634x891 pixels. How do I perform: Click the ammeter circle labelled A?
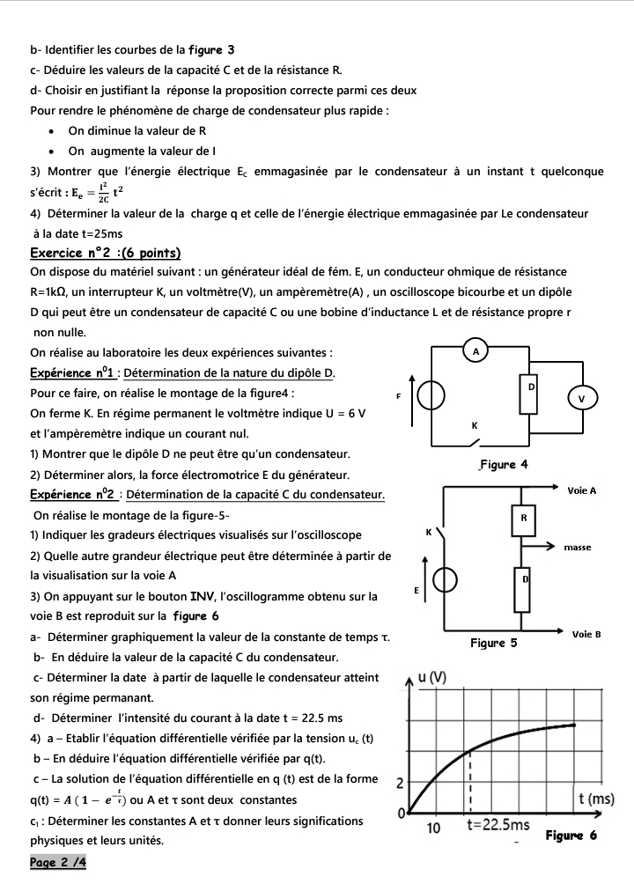pyautogui.click(x=476, y=350)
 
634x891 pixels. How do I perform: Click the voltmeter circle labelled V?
pyautogui.click(x=581, y=398)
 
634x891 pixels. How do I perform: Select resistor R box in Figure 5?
pyautogui.click(x=523, y=519)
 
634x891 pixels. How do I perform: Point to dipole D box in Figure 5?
pyautogui.click(x=523, y=589)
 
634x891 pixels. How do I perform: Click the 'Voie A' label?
pyautogui.click(x=582, y=490)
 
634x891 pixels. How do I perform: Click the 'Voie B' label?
pyautogui.click(x=586, y=634)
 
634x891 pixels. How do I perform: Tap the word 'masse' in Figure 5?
pyautogui.click(x=578, y=548)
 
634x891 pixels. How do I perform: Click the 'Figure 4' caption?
pyautogui.click(x=503, y=465)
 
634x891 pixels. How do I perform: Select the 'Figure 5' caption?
pyautogui.click(x=493, y=644)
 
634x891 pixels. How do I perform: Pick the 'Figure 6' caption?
pyautogui.click(x=571, y=835)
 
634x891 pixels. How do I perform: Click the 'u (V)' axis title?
pyautogui.click(x=432, y=677)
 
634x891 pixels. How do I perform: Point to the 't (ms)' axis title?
pyautogui.click(x=595, y=799)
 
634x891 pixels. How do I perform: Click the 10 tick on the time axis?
pyautogui.click(x=433, y=828)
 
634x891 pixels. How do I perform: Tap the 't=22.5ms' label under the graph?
pyautogui.click(x=498, y=825)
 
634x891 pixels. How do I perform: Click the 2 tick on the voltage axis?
pyautogui.click(x=400, y=783)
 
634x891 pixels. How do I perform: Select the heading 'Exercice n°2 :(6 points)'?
pyautogui.click(x=105, y=254)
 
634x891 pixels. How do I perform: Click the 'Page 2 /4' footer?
pyautogui.click(x=58, y=863)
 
